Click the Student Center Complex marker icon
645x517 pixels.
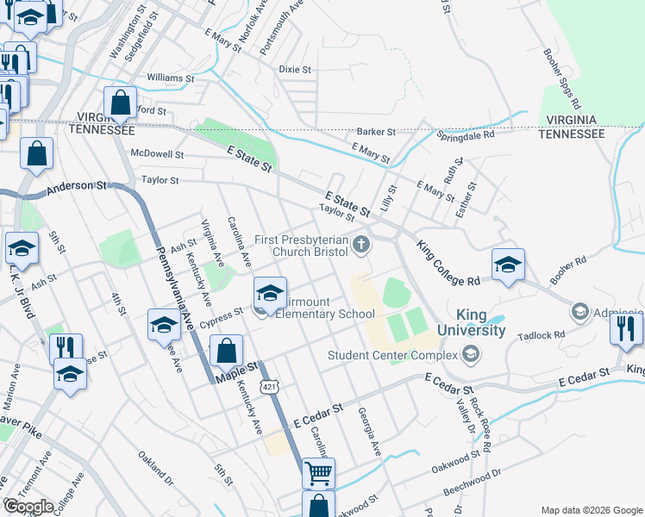click(x=470, y=352)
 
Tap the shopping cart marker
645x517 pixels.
click(x=318, y=472)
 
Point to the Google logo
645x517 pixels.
click(x=28, y=507)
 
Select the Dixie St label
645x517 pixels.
click(x=295, y=69)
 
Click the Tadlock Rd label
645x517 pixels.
click(x=546, y=334)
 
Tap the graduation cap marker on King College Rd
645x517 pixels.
click(x=508, y=265)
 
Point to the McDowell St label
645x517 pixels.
click(x=157, y=154)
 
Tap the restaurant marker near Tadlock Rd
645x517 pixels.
click(x=625, y=327)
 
